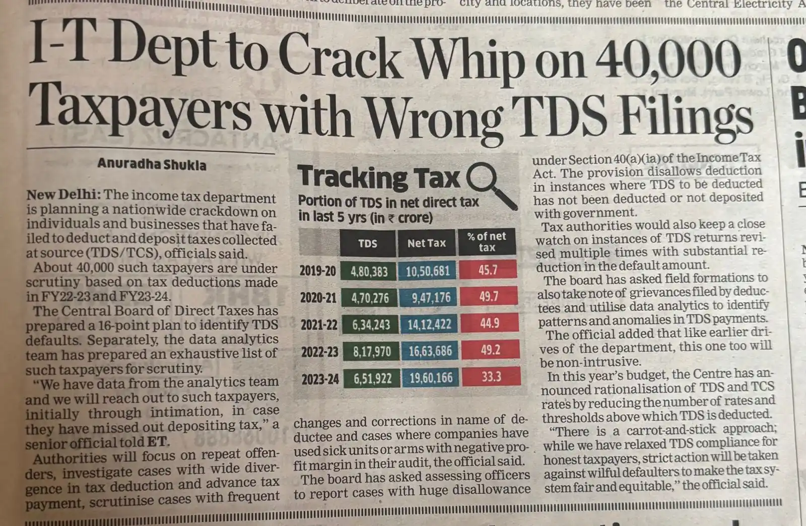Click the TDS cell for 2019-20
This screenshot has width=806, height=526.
pos(369,272)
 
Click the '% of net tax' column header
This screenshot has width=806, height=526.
pos(487,242)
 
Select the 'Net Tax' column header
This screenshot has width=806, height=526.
pos(427,243)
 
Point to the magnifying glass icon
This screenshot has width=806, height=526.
pos(490,184)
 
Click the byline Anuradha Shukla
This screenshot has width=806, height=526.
pos(152,164)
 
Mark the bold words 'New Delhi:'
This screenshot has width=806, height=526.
pos(64,195)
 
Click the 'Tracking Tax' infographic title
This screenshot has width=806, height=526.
pos(379,177)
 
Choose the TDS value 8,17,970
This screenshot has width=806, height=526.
pos(372,351)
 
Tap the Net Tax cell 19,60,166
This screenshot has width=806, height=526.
pos(431,378)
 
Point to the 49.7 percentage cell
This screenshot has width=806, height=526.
pos(489,296)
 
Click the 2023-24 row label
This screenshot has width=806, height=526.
pos(320,379)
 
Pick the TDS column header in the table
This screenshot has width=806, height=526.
pos(368,243)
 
